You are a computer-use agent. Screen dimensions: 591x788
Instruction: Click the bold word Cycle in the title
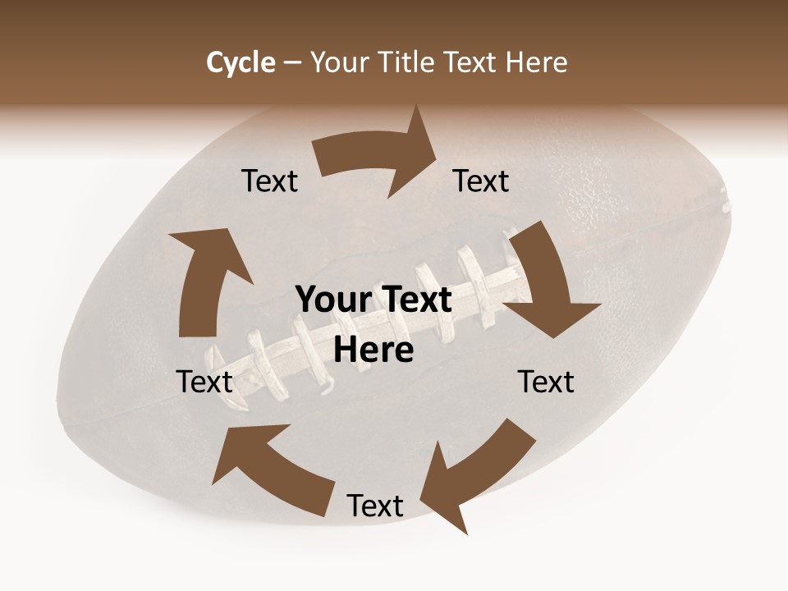[x=241, y=62]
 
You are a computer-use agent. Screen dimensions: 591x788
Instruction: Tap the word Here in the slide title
[x=536, y=62]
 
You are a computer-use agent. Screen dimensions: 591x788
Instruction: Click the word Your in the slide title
[x=339, y=62]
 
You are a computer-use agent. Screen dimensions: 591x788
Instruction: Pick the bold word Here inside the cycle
[x=374, y=350]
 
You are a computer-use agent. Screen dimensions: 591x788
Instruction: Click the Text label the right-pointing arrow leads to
[x=482, y=181]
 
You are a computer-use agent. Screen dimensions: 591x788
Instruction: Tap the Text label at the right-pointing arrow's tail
[x=270, y=181]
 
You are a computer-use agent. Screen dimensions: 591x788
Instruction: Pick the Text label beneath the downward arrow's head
[x=546, y=382]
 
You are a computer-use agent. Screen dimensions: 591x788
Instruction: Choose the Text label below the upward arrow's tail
[x=205, y=382]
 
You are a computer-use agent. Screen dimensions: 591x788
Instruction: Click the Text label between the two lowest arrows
[x=375, y=506]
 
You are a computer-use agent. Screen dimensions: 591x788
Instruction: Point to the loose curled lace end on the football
[x=328, y=383]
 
